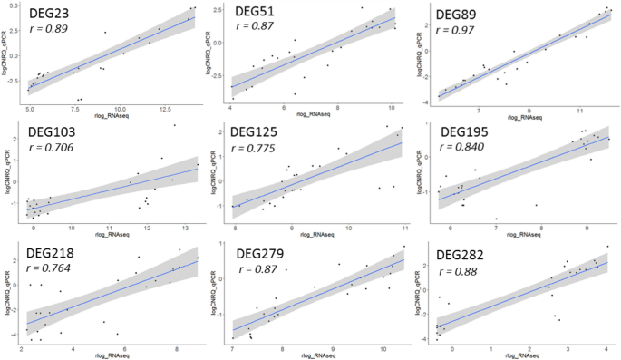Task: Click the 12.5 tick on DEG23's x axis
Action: click(x=164, y=109)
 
